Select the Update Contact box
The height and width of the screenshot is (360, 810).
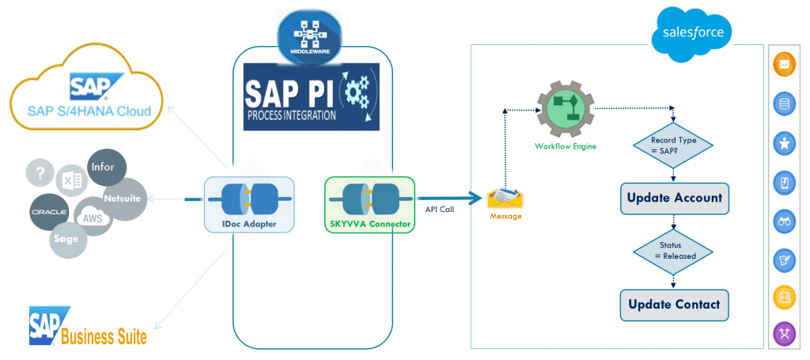[x=674, y=305]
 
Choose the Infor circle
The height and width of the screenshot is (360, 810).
[x=104, y=168]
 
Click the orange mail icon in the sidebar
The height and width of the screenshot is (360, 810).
[x=783, y=66]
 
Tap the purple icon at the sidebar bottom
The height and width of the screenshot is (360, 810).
[x=783, y=333]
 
